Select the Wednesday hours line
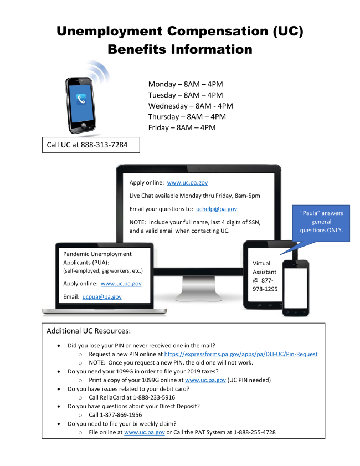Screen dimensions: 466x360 [190, 106]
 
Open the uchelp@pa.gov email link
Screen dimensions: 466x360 [217, 209]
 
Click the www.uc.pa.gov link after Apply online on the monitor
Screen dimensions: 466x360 [187, 182]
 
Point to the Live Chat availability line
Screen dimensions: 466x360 [194, 196]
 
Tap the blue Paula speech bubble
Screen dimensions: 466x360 [321, 222]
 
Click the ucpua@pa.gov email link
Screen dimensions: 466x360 [102, 297]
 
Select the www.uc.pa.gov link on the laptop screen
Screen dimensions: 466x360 [121, 283]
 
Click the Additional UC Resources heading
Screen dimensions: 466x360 [89, 331]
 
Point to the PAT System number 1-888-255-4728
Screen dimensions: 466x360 [249, 432]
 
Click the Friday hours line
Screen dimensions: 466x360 [182, 127]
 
